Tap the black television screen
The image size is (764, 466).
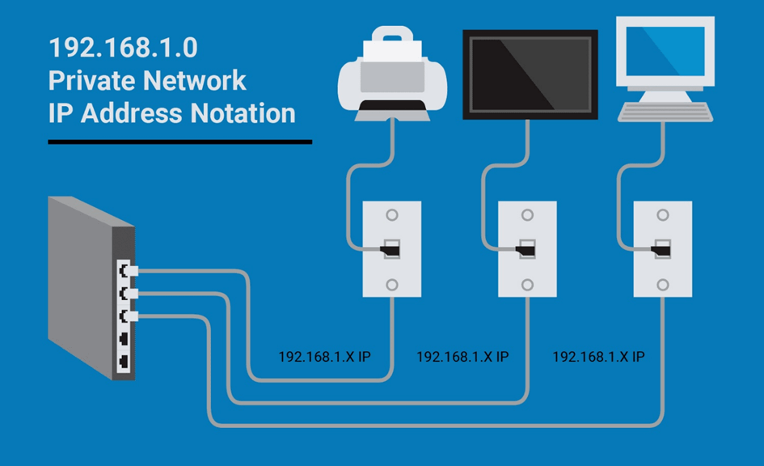[x=530, y=74]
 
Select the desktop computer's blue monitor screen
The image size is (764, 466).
[x=665, y=51]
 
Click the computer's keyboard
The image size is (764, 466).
[x=665, y=112]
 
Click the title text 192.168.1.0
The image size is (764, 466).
[x=123, y=48]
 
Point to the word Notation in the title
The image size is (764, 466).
[x=243, y=113]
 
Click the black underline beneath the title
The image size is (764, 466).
[x=179, y=142]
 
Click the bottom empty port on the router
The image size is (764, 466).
[x=125, y=362]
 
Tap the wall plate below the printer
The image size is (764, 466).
[x=392, y=249]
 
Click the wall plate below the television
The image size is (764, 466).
[x=527, y=249]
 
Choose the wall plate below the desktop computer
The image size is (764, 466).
[x=663, y=249]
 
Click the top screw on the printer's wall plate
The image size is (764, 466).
[x=392, y=215]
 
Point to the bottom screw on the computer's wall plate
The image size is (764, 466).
[x=663, y=285]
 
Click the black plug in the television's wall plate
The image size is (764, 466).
[x=526, y=251]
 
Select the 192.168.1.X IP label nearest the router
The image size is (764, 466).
[x=324, y=357]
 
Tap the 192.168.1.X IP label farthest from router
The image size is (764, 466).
[x=598, y=357]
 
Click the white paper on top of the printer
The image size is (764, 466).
[x=392, y=49]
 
